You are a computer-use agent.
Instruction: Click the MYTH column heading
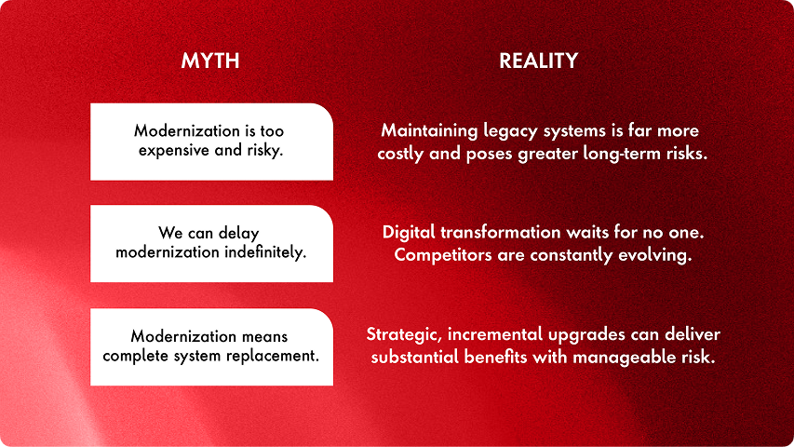coord(210,61)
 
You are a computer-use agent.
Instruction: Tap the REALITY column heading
coord(538,61)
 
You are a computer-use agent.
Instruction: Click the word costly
coord(400,154)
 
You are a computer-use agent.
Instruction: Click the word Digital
coord(409,233)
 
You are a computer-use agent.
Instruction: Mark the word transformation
coord(500,232)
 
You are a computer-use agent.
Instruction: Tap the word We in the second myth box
coord(170,233)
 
